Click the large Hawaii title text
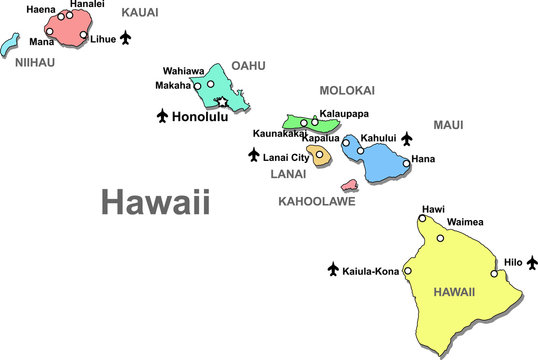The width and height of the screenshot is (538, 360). (156, 203)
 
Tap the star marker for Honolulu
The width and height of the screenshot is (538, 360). (223, 102)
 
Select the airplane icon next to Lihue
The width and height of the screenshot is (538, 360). (125, 38)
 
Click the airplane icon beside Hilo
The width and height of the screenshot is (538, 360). (532, 262)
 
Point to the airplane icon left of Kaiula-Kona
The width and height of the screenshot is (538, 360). (333, 269)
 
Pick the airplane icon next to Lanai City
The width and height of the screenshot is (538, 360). (254, 155)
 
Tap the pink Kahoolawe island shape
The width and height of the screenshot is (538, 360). (350, 185)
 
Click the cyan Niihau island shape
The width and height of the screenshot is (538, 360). (11, 45)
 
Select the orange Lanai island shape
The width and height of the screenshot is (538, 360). (318, 155)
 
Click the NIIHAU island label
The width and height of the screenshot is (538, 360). (35, 62)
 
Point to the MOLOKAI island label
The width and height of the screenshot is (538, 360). (347, 90)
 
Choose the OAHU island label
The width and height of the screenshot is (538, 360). (248, 66)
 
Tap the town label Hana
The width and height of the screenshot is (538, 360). (423, 159)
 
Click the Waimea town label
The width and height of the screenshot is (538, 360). (465, 222)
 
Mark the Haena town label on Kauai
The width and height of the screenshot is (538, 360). (41, 9)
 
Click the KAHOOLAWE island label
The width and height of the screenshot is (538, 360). (316, 201)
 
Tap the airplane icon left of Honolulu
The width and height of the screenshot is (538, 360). (163, 117)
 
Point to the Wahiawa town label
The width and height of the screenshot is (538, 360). (183, 71)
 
